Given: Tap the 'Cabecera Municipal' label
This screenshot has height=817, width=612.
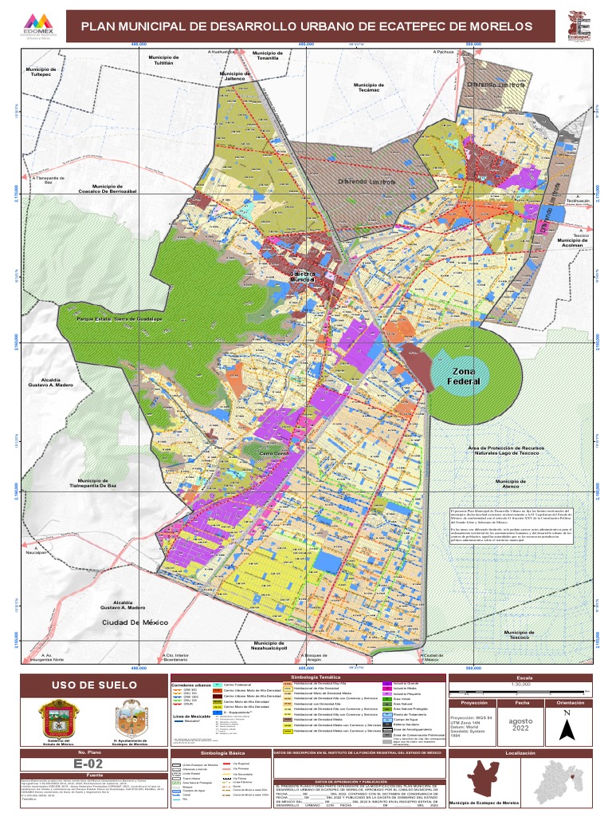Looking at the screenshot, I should tap(303, 276).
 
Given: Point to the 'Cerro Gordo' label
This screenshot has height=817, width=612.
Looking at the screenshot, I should tap(273, 454).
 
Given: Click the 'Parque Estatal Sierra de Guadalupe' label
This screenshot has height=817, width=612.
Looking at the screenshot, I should tap(120, 319).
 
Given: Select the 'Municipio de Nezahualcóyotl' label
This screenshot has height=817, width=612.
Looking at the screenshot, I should tap(269, 645).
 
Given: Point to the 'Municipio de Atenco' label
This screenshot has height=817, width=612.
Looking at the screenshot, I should tap(511, 483).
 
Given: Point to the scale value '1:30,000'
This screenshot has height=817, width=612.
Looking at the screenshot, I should tap(521, 685).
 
